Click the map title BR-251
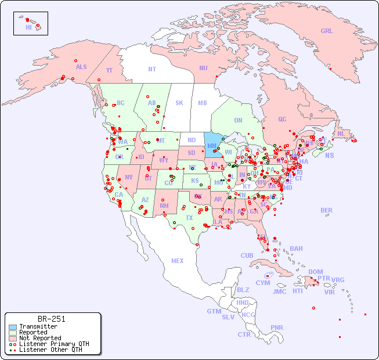tap(51, 319)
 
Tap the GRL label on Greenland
tap(327, 31)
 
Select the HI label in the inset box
tap(28, 27)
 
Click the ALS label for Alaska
tap(81, 67)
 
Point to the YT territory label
tap(109, 70)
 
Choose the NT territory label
tap(151, 69)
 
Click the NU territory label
tap(203, 68)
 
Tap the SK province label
tap(179, 103)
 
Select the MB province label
tap(202, 103)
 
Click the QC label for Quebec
tap(282, 120)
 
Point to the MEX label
tap(178, 261)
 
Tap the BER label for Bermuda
tap(327, 210)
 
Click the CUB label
tap(247, 255)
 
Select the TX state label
tap(189, 218)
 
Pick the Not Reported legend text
tap(40, 338)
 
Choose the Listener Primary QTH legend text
tap(54, 344)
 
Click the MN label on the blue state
tap(211, 145)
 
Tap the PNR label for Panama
tap(277, 327)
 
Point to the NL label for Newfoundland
tap(341, 133)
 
